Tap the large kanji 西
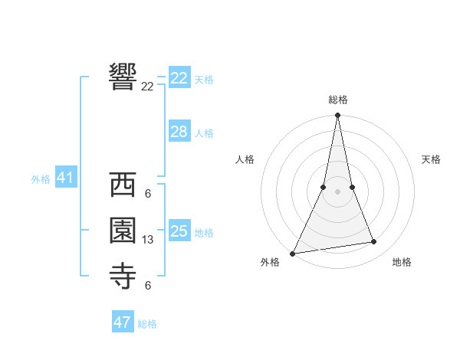[123, 186]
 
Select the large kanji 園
[123, 231]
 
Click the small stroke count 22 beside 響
[147, 87]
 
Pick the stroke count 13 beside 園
[148, 240]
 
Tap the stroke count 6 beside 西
[147, 193]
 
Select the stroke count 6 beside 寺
[147, 286]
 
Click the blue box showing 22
[179, 78]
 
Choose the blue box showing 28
[179, 132]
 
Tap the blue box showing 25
[179, 231]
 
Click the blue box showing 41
[65, 178]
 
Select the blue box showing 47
[123, 322]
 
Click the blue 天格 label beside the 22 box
[204, 80]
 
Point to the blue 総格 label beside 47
[147, 324]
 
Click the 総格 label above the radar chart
[338, 100]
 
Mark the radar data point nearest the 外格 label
[293, 253]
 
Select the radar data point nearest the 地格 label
[374, 242]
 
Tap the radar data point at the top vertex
[338, 116]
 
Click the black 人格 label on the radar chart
[245, 159]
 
